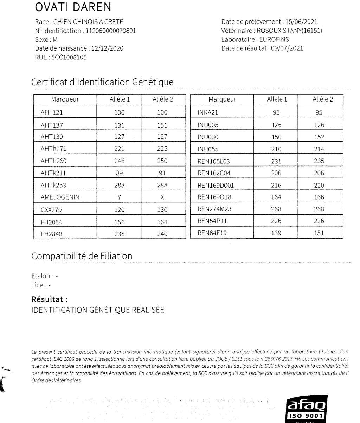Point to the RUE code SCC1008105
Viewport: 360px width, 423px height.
pyautogui.click(x=69, y=57)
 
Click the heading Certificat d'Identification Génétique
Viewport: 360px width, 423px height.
pyautogui.click(x=102, y=82)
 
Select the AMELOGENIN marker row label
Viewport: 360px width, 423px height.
pyautogui.click(x=60, y=197)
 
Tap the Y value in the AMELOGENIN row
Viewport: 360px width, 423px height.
pyautogui.click(x=120, y=197)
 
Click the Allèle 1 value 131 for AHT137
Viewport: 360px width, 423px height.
pyautogui.click(x=120, y=125)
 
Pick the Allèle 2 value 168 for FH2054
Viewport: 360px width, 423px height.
pyautogui.click(x=162, y=222)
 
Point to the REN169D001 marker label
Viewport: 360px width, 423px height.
pyautogui.click(x=216, y=186)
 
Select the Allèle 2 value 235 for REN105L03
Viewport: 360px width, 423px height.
pyautogui.click(x=319, y=161)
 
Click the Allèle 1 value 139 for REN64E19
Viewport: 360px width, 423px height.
pyautogui.click(x=276, y=233)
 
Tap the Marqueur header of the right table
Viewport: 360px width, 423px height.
pyautogui.click(x=222, y=99)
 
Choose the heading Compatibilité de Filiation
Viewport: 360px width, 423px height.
pyautogui.click(x=82, y=256)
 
